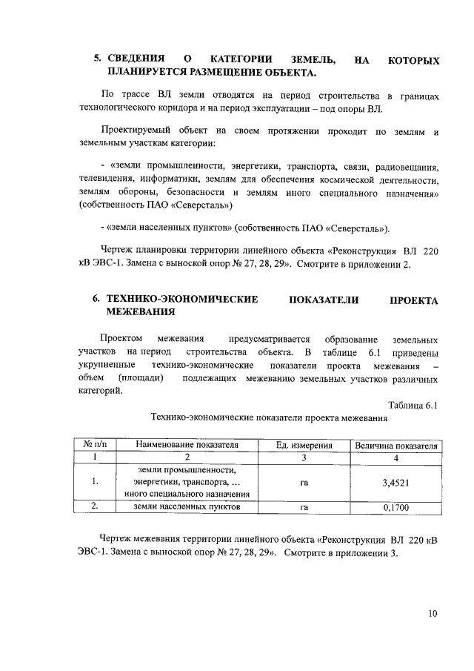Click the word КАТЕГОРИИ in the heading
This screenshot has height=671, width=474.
(x=241, y=59)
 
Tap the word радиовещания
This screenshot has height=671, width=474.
(x=407, y=167)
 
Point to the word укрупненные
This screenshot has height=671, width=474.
(x=107, y=366)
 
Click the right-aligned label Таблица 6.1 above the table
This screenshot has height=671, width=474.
(x=413, y=405)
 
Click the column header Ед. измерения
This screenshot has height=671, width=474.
(x=304, y=446)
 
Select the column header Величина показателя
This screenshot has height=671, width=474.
(x=397, y=446)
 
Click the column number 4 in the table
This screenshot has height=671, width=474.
(x=397, y=457)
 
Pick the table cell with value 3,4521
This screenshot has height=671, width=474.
(x=397, y=482)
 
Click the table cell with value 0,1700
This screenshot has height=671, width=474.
(x=397, y=508)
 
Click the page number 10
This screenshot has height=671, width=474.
(x=433, y=614)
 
